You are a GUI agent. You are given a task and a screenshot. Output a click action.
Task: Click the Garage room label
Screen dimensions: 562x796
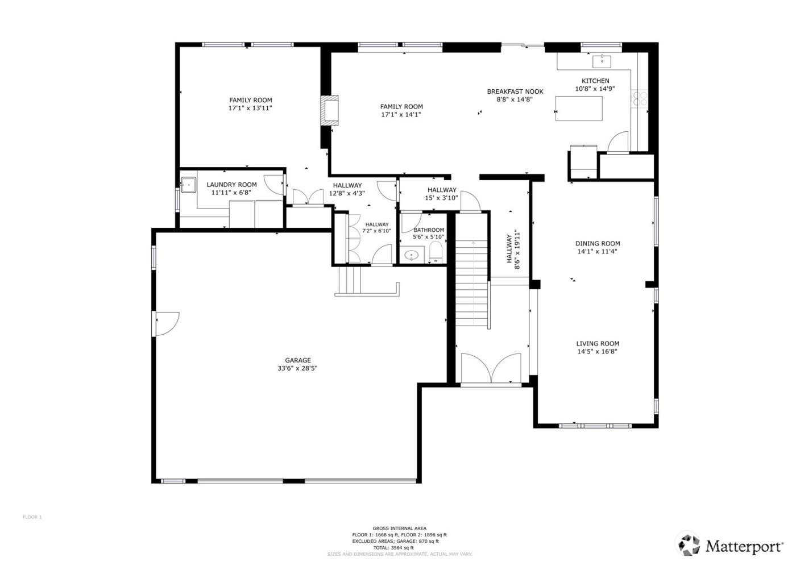coord(298,360)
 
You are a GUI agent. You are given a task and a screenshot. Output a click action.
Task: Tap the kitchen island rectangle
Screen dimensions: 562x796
coord(578,108)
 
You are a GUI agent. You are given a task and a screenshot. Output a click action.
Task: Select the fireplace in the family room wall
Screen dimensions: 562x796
coord(329,110)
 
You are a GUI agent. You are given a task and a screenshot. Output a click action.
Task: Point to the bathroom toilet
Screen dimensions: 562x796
coord(436,252)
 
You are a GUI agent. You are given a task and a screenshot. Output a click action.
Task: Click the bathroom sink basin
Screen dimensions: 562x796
coord(411,256)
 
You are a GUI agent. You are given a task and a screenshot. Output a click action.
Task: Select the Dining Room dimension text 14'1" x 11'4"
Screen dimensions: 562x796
coord(597,251)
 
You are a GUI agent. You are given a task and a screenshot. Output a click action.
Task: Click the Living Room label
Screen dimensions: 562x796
coord(598,343)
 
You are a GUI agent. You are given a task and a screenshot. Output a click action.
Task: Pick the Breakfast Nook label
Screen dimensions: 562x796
coord(515,91)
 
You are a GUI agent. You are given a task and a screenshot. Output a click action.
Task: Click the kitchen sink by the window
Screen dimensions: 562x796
coord(602,61)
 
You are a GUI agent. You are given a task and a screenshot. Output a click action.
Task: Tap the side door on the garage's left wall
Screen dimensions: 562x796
coord(167,323)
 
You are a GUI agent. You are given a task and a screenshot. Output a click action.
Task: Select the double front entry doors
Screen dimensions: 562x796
coord(491,369)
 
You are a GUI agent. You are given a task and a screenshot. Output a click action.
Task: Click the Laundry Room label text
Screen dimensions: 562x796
coord(231,185)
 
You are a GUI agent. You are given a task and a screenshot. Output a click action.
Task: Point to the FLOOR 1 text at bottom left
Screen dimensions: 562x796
coord(32,517)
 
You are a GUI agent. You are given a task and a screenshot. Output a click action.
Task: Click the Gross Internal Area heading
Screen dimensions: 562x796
coord(399,528)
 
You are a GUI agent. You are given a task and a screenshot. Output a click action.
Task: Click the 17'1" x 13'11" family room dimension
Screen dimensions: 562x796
coord(251,108)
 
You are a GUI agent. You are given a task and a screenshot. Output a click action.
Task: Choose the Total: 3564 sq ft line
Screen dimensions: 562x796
coord(399,547)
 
